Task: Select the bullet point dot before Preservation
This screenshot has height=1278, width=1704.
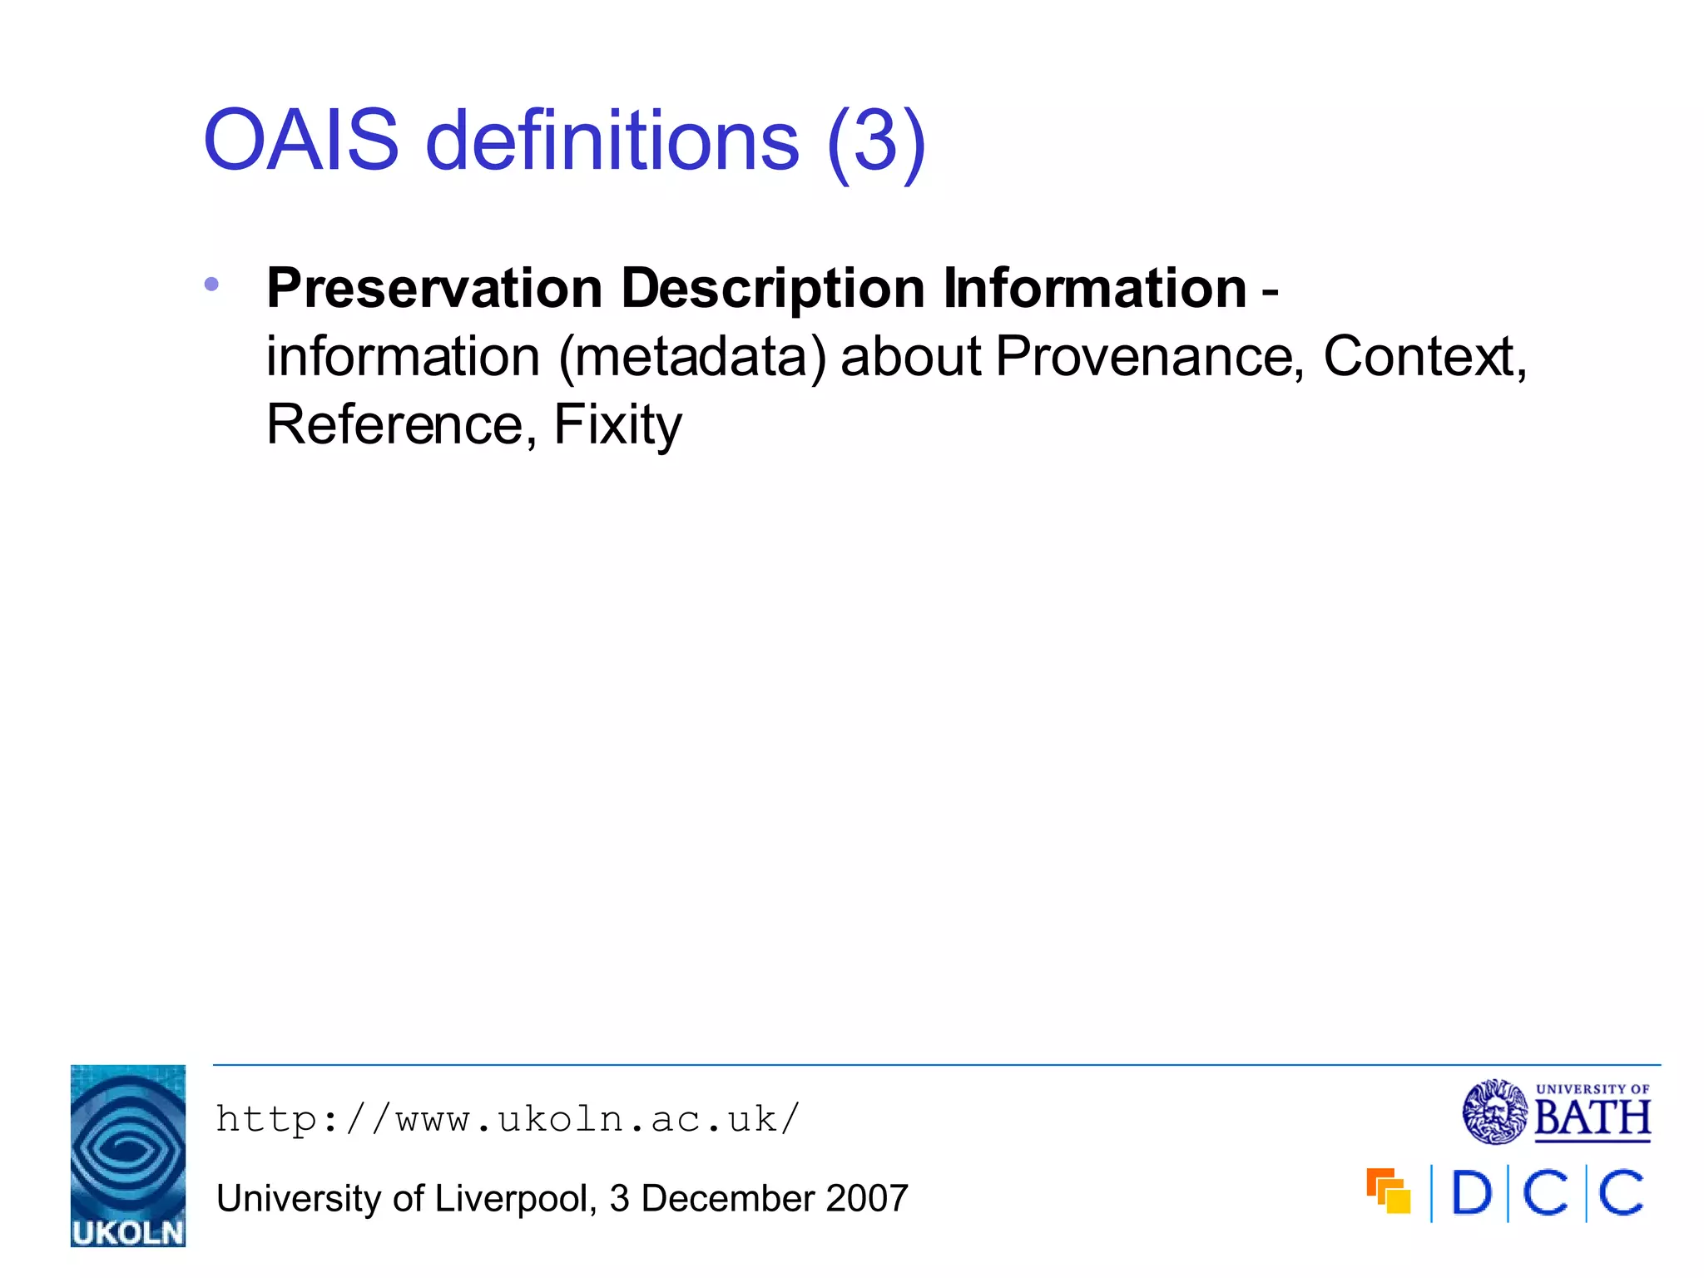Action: pyautogui.click(x=211, y=285)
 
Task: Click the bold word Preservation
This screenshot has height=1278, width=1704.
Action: pyautogui.click(x=434, y=289)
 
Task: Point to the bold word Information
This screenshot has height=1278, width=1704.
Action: pyautogui.click(x=1094, y=289)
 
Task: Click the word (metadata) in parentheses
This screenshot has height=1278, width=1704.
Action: pyautogui.click(x=692, y=358)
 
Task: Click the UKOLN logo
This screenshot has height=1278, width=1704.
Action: pyautogui.click(x=128, y=1155)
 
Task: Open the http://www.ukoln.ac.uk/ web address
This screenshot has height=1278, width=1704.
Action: pyautogui.click(x=508, y=1119)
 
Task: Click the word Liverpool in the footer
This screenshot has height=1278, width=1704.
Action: pyautogui.click(x=511, y=1199)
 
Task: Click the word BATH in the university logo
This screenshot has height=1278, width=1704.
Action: pyautogui.click(x=1592, y=1118)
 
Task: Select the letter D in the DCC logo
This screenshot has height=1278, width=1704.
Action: pyautogui.click(x=1471, y=1193)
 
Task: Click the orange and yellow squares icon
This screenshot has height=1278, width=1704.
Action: pyautogui.click(x=1389, y=1191)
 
